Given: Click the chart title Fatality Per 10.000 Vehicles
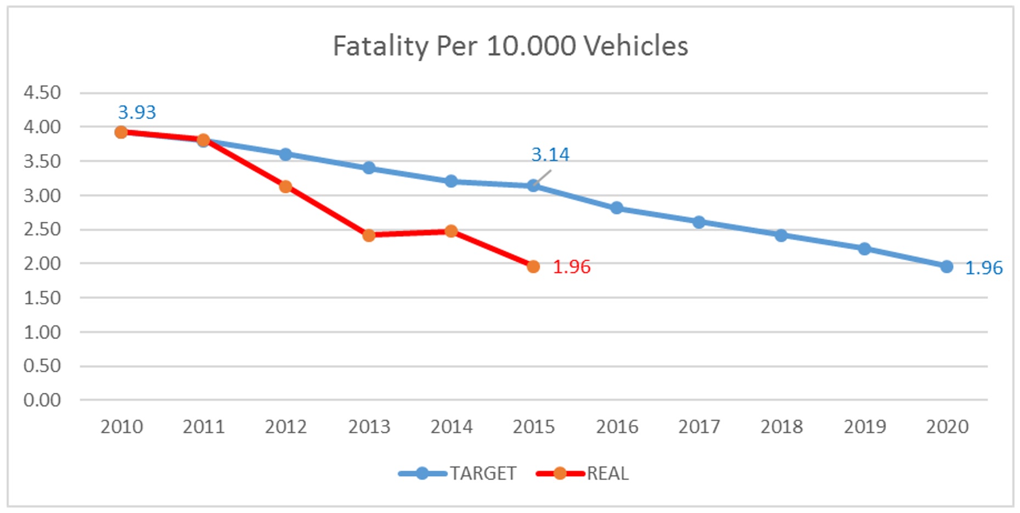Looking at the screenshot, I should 510,46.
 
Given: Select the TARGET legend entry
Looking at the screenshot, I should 458,473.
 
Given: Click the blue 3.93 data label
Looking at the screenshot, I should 137,112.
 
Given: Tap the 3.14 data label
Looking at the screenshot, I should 550,155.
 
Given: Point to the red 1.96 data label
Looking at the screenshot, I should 571,267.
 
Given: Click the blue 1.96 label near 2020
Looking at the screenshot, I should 983,268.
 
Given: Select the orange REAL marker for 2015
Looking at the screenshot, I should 533,267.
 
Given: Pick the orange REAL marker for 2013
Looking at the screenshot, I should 369,235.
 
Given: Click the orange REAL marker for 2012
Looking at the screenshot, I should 285,187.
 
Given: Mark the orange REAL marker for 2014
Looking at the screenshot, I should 451,231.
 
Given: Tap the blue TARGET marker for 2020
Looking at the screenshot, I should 946,267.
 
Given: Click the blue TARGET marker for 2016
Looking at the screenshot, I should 616,208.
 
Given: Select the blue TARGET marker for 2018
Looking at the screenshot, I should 781,235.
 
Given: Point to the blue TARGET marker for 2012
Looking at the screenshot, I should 285,154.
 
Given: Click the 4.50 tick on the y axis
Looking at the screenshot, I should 42,93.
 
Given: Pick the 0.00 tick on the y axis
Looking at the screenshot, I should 42,400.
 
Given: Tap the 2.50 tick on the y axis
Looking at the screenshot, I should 42,229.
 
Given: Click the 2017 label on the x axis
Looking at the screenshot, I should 698,426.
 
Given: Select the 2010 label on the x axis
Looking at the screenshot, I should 121,426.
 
